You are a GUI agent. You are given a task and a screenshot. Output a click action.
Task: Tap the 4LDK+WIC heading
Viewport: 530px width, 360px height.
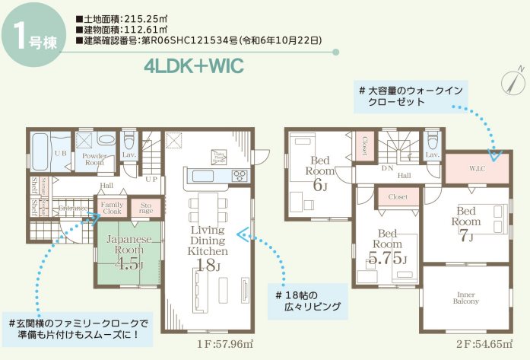(192, 66)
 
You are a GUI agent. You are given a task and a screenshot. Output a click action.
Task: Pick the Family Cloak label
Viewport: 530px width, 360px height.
(112, 208)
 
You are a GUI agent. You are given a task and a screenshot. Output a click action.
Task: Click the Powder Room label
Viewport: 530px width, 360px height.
(94, 158)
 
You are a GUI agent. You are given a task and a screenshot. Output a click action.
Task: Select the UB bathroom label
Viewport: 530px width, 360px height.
(60, 153)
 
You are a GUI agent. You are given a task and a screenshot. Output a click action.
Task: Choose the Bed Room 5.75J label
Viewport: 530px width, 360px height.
(387, 249)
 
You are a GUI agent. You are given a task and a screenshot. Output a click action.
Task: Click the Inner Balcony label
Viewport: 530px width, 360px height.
(467, 297)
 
